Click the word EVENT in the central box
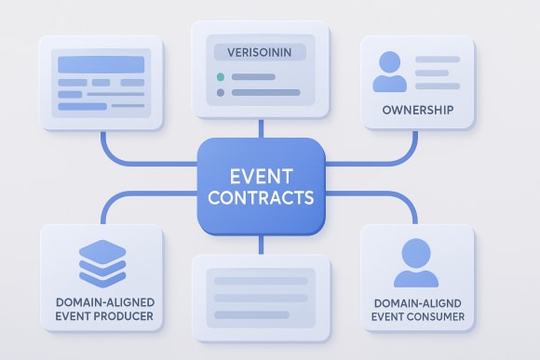tap(261, 175)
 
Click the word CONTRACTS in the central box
tap(261, 197)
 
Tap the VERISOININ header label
tap(260, 52)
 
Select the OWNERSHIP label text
tap(417, 111)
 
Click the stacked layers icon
tap(101, 263)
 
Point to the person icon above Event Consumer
tap(416, 263)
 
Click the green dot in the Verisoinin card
tap(221, 75)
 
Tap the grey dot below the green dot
tap(221, 92)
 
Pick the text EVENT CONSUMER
tap(417, 318)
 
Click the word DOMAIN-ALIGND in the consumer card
tap(417, 302)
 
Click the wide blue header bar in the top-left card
tap(101, 64)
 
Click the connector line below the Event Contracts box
tap(261, 244)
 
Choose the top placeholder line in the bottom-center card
tap(261, 280)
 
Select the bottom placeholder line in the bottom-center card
tap(261, 316)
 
